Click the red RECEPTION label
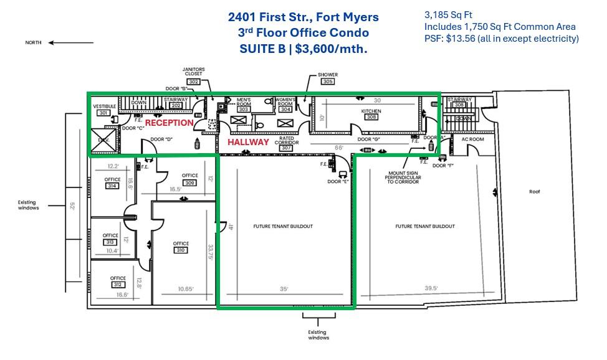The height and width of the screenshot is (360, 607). coord(170,123)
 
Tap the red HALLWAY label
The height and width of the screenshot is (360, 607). coord(248,142)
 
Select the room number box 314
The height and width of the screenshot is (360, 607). coord(112,186)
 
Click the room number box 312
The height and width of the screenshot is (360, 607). coord(117,285)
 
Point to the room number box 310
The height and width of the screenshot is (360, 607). coord(181,250)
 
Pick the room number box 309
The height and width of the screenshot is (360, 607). coord(189,182)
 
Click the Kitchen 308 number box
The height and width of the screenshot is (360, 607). coord(371,117)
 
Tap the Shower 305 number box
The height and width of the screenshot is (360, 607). coord(328,82)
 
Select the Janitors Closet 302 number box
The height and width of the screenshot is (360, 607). coord(193,82)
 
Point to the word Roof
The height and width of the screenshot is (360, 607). coord(534,192)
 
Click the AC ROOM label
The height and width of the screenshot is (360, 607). coord(472,139)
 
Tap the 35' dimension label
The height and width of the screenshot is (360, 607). coord(284,288)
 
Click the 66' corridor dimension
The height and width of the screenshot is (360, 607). coord(356,148)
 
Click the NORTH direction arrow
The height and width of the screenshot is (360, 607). coord(70,43)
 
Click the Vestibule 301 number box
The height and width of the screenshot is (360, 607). coord(103,113)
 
